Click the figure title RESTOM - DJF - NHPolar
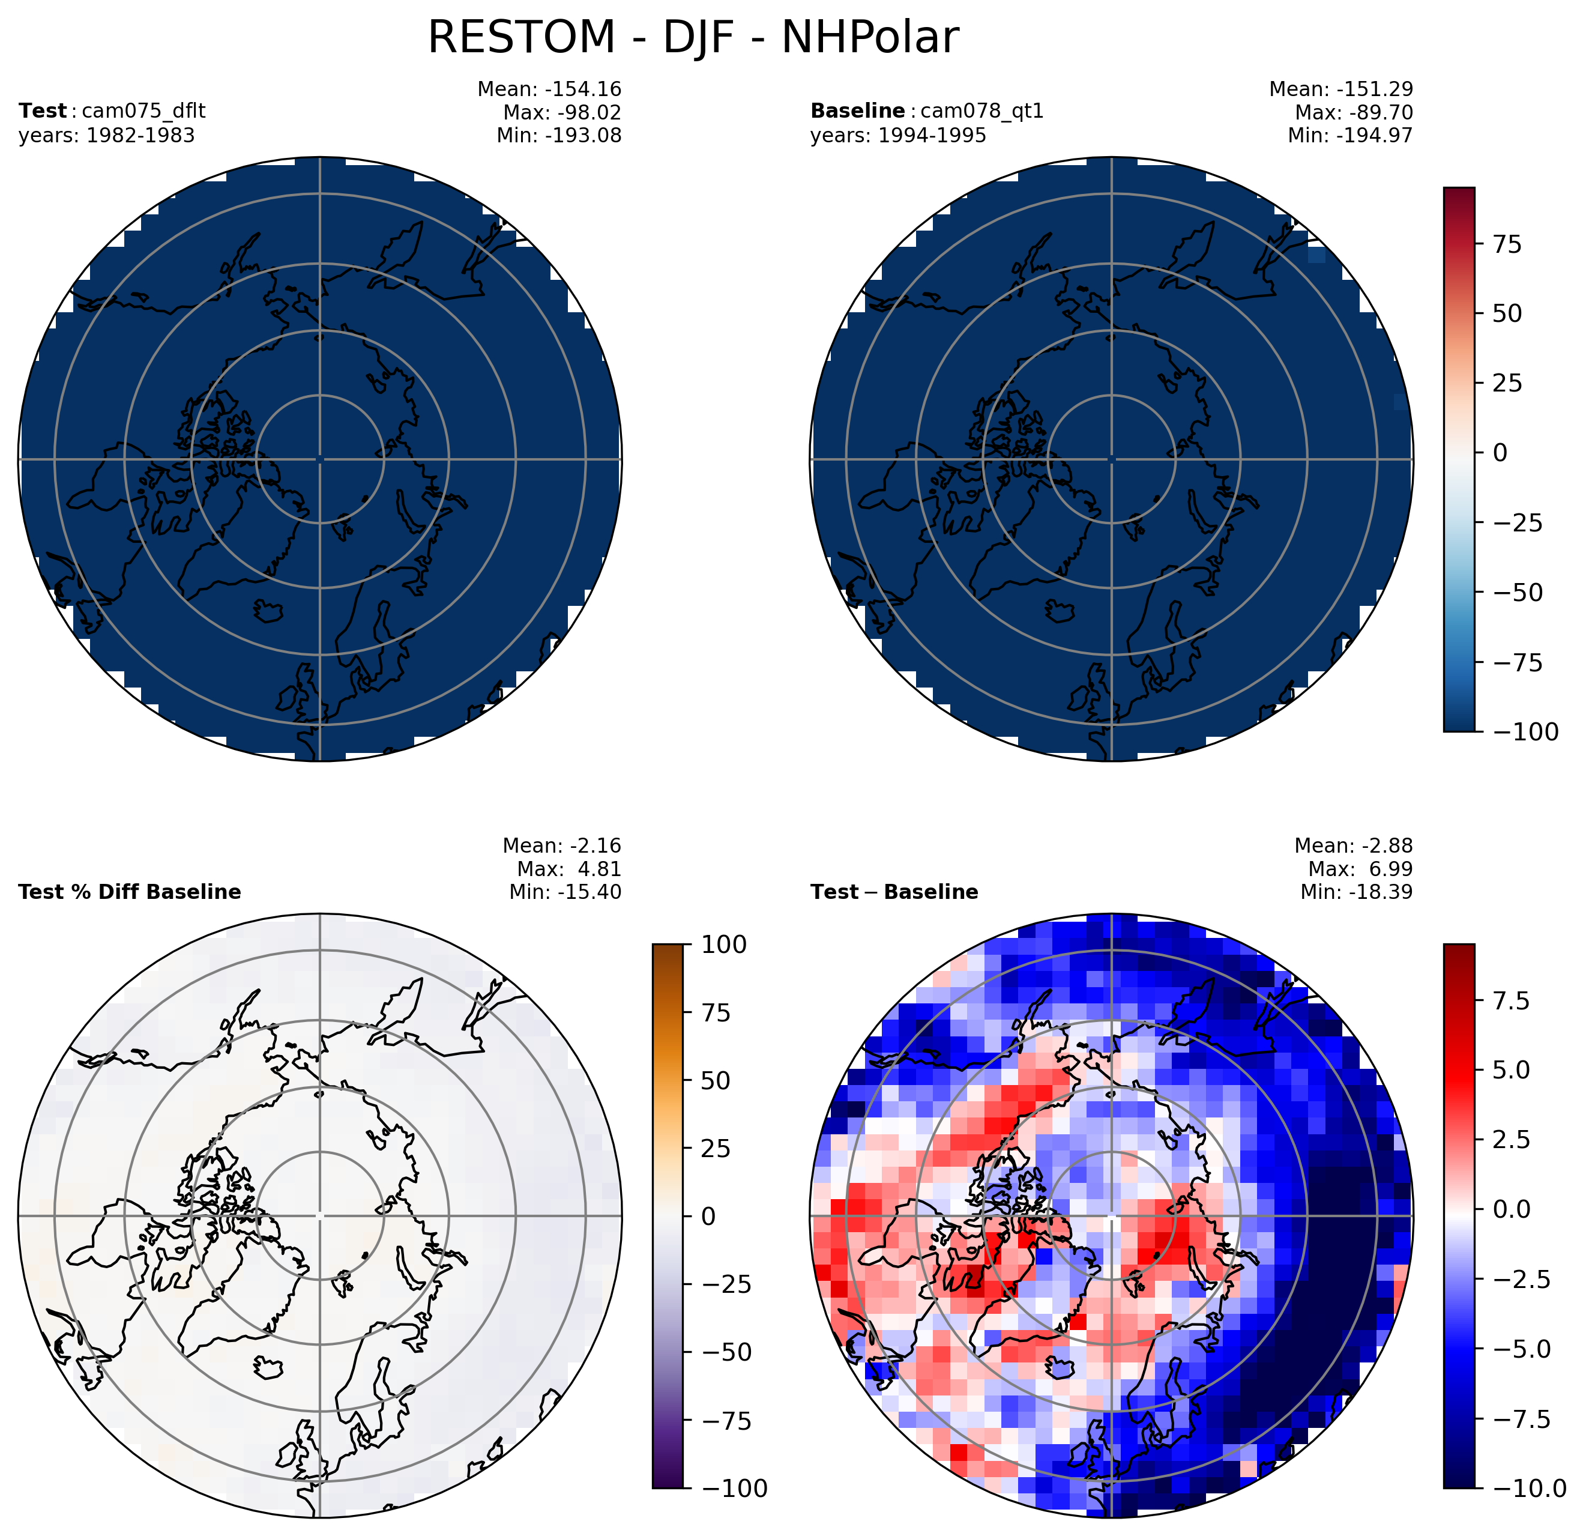click(693, 38)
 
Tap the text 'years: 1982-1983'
click(107, 135)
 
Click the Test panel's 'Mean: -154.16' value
click(549, 89)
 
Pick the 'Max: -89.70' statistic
click(1354, 112)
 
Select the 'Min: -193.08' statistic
click(559, 135)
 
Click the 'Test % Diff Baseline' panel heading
click(130, 892)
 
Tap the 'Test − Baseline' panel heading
click(894, 892)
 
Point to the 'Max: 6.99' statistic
click(1360, 869)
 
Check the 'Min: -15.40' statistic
click(565, 892)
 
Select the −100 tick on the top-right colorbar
click(1524, 731)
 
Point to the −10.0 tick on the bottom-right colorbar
click(1528, 1510)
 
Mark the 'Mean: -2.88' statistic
click(1354, 845)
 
